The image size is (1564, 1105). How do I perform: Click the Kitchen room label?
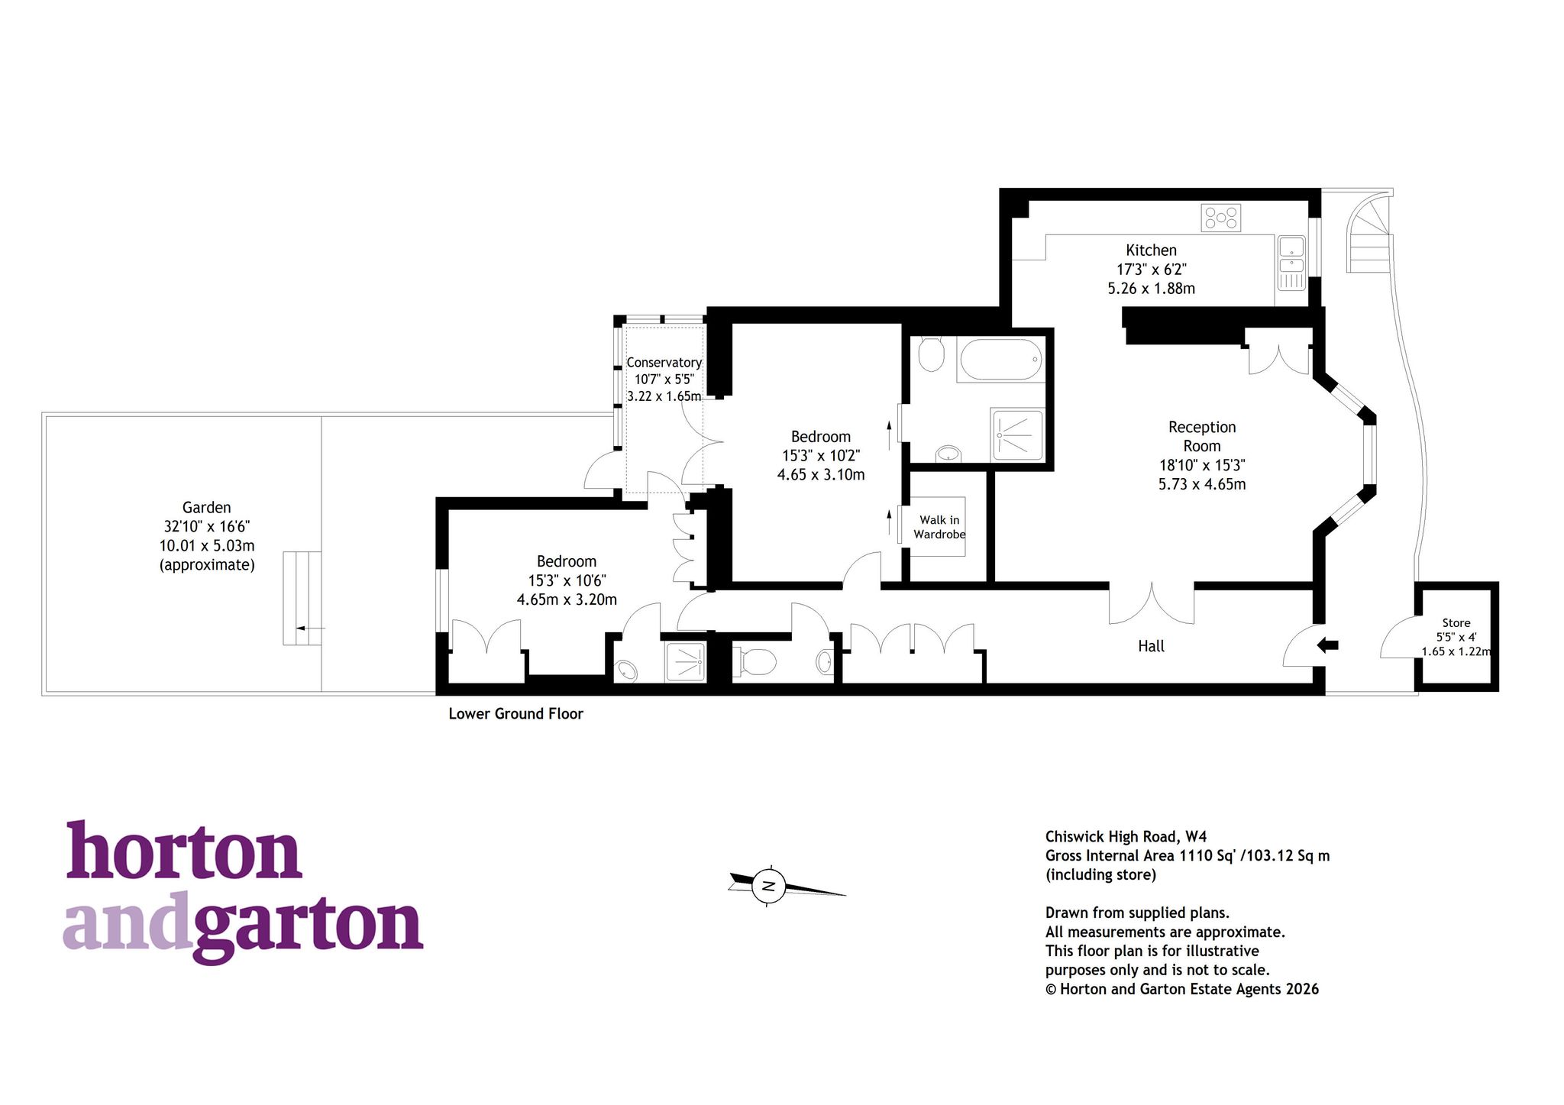tap(1151, 250)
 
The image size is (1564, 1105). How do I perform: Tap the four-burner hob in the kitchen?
tap(1220, 218)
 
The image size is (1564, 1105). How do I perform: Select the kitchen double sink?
tap(1291, 263)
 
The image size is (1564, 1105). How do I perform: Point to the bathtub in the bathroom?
tap(1000, 360)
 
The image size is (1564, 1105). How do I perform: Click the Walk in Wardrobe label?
tap(939, 527)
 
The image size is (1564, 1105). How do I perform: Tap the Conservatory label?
tap(664, 363)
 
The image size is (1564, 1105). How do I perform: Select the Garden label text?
tap(206, 507)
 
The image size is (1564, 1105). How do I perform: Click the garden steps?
tap(302, 598)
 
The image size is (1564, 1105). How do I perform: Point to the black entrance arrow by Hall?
tap(1328, 645)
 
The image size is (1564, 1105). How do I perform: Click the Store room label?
tap(1456, 623)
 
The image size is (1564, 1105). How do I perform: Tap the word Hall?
tap(1151, 646)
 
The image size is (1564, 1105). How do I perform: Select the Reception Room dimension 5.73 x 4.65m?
tap(1202, 484)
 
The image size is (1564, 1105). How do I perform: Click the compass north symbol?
tap(770, 886)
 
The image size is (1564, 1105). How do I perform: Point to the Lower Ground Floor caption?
tap(515, 714)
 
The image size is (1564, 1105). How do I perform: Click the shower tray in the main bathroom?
tap(1016, 435)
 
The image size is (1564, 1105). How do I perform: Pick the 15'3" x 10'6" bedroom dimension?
tap(567, 580)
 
